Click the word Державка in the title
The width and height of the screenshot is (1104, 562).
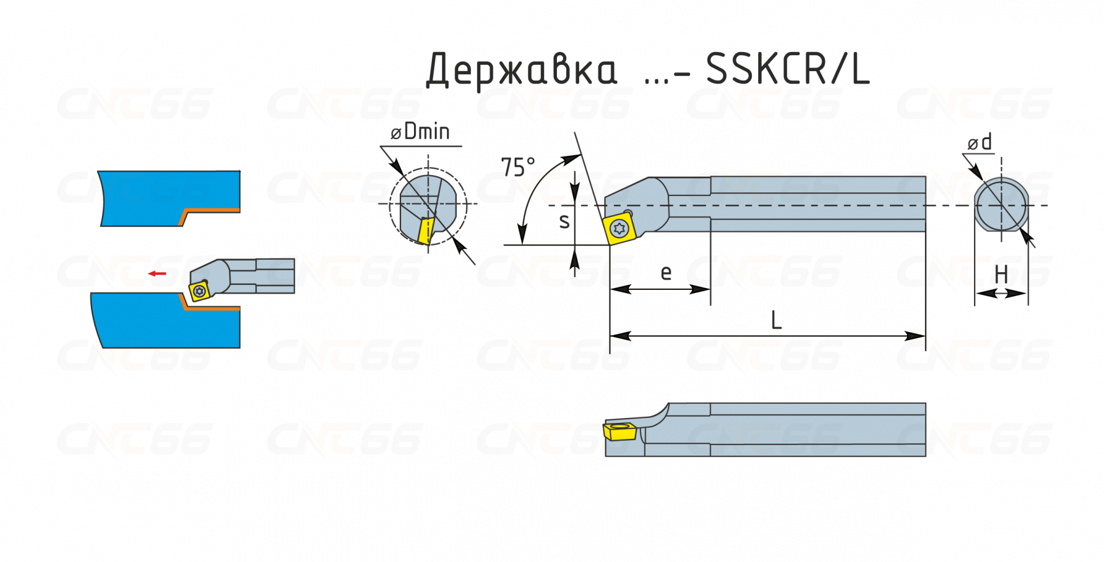tap(521, 70)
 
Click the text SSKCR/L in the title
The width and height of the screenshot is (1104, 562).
tap(788, 68)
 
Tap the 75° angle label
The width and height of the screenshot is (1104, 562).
tap(518, 167)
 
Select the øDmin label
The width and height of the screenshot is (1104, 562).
tap(421, 131)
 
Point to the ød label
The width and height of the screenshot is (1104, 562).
tap(979, 142)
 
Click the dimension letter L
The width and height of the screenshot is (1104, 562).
tap(776, 320)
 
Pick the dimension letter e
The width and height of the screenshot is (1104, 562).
tap(666, 272)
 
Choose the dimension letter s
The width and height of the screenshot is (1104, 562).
tap(564, 221)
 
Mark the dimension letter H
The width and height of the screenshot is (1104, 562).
tap(1002, 274)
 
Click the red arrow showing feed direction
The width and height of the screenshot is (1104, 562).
tap(158, 273)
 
